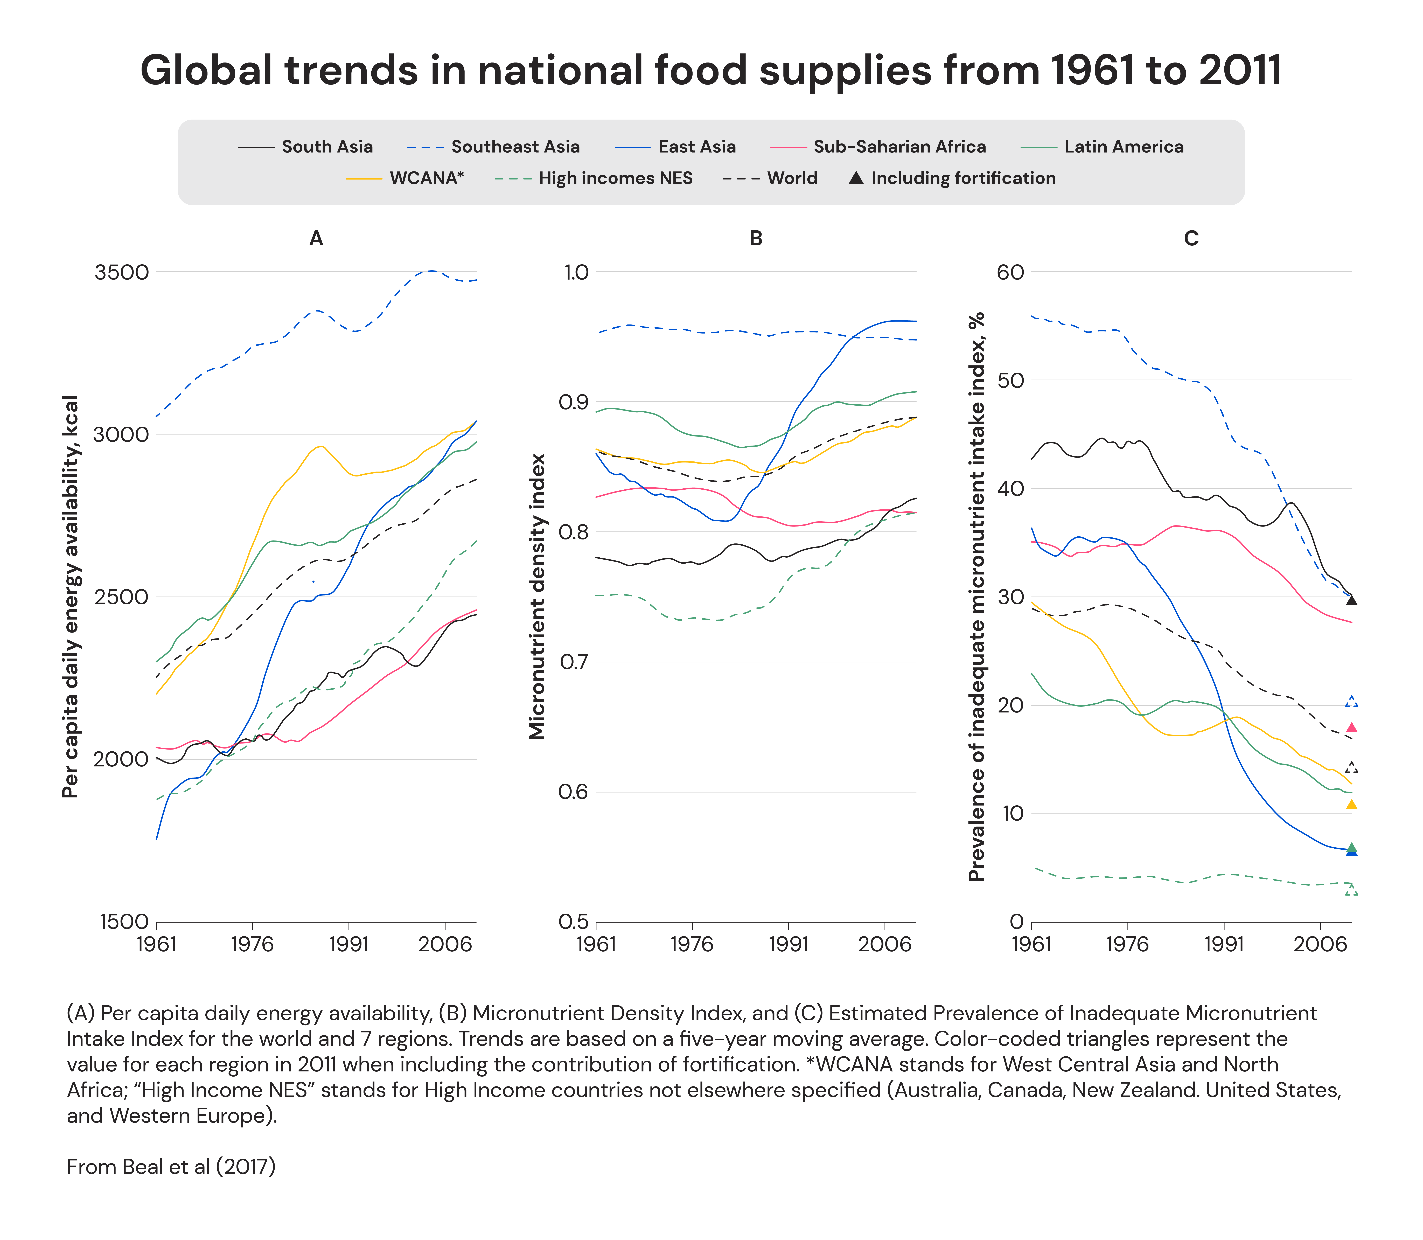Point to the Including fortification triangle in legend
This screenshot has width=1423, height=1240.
pos(856,178)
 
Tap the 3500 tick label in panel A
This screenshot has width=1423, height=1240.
pos(122,272)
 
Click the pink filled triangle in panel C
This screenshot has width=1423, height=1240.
pos(1351,727)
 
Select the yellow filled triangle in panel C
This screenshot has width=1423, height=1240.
pos(1351,804)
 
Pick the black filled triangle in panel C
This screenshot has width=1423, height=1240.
pos(1351,600)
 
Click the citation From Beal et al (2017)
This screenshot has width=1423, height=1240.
pos(171,1167)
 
